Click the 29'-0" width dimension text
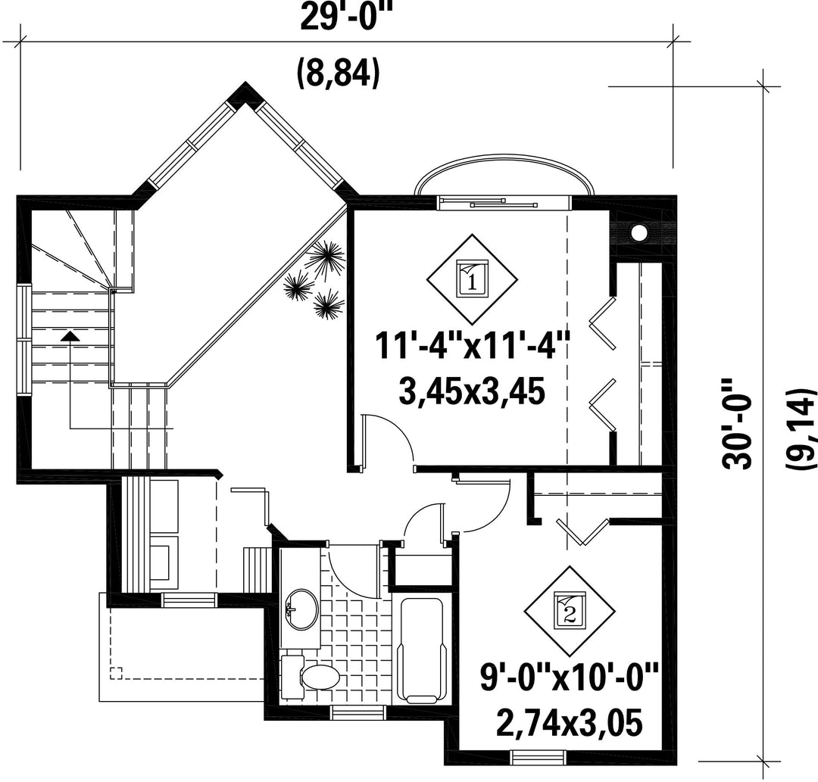pos(338,17)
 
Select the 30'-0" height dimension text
pos(736,424)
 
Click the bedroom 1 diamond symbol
pos(472,279)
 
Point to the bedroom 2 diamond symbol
pos(570,612)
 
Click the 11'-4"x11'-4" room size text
pos(472,345)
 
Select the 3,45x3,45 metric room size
pos(472,391)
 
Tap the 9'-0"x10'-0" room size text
pos(569,676)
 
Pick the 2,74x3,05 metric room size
pos(569,723)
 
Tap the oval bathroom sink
pos(302,609)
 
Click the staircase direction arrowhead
pos(70,336)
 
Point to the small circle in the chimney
pos(638,232)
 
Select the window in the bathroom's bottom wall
pos(358,712)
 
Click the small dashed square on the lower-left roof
pos(115,672)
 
